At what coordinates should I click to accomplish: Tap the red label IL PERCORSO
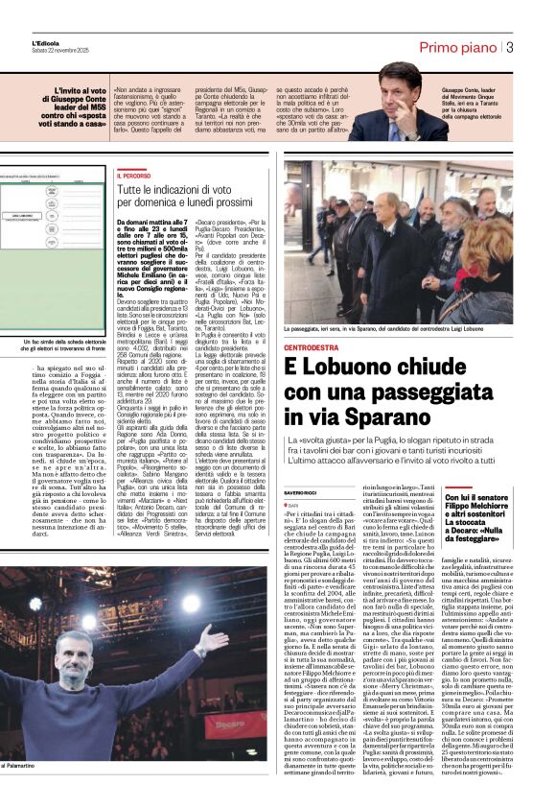pos(134,177)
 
